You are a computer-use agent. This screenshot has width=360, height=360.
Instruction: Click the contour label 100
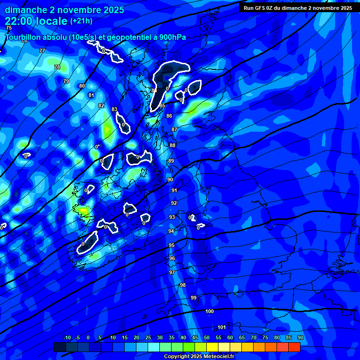click(210, 311)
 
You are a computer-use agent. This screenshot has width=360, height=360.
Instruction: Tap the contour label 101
click(222, 327)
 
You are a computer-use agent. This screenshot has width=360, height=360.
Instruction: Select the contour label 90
click(170, 180)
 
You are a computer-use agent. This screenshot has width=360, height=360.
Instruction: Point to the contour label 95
click(172, 245)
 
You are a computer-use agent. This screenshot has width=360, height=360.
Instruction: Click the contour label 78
click(57, 67)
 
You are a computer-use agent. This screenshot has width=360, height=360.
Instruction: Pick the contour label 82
click(101, 105)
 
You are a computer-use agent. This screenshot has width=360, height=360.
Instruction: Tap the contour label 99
click(194, 298)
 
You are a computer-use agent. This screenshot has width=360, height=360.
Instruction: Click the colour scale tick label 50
click(207, 338)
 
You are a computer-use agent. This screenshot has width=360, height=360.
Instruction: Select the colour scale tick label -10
click(67, 338)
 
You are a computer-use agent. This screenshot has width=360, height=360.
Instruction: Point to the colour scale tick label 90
click(300, 338)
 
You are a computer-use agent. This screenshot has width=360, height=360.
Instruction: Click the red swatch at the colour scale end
click(294, 347)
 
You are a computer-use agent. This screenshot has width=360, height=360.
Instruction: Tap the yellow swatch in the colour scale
click(212, 347)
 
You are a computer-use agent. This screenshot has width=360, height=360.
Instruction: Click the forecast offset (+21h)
click(82, 21)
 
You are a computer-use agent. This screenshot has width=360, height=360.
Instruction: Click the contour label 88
click(172, 145)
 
